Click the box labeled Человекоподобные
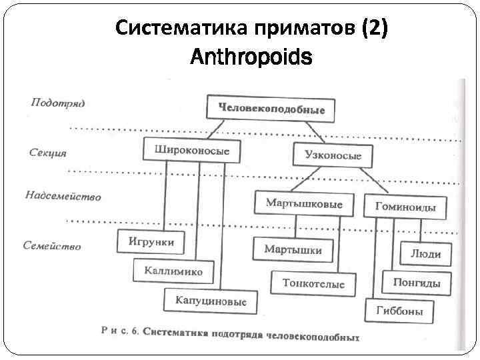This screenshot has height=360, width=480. click(271, 109)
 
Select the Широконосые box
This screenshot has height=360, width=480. click(191, 151)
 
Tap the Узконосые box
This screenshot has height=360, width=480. click(333, 155)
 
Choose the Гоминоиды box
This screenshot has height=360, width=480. click(405, 207)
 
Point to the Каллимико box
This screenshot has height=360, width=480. click(173, 271)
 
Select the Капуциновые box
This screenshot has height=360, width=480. click(211, 301)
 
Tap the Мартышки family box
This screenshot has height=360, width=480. click(293, 250)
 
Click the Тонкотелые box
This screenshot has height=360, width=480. click(313, 283)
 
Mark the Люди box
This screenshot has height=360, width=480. click(425, 253)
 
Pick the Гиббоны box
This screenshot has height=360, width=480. click(399, 311)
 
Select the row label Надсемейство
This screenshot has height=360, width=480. click(63, 196)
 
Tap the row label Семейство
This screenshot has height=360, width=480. click(53, 245)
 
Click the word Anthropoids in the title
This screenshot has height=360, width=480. click(251, 58)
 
